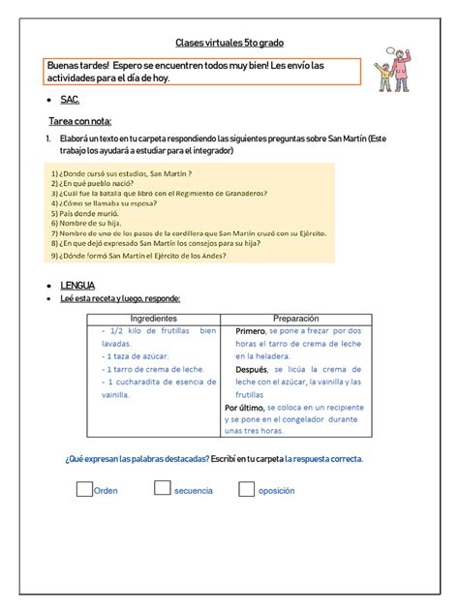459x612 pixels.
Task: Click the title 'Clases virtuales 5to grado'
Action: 229,43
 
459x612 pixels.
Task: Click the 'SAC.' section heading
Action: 71,100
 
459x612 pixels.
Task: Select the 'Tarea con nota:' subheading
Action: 81,121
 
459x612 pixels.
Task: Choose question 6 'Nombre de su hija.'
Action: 87,224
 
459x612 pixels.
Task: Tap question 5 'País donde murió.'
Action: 86,213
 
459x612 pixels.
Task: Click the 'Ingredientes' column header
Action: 153,319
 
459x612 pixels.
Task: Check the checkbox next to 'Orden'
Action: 84,489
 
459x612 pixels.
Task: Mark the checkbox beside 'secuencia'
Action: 162,489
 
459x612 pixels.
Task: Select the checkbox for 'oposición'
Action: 247,489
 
